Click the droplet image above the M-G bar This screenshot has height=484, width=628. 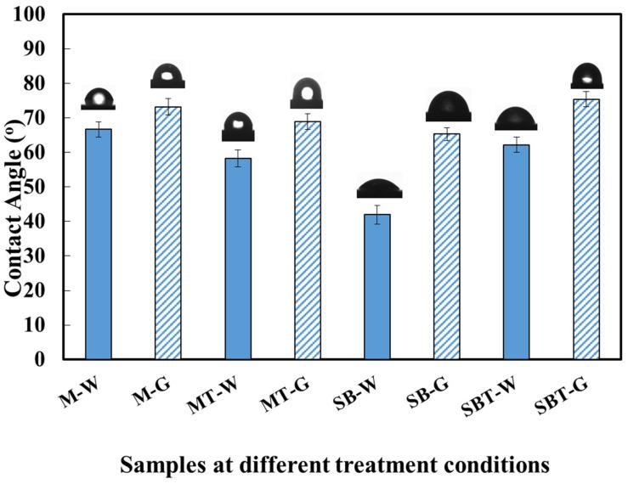(167, 76)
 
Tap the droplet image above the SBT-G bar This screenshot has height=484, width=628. (586, 76)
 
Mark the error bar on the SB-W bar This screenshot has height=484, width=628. (376, 214)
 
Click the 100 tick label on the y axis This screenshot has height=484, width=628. (53, 14)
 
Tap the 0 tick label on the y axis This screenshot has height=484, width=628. (64, 359)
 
